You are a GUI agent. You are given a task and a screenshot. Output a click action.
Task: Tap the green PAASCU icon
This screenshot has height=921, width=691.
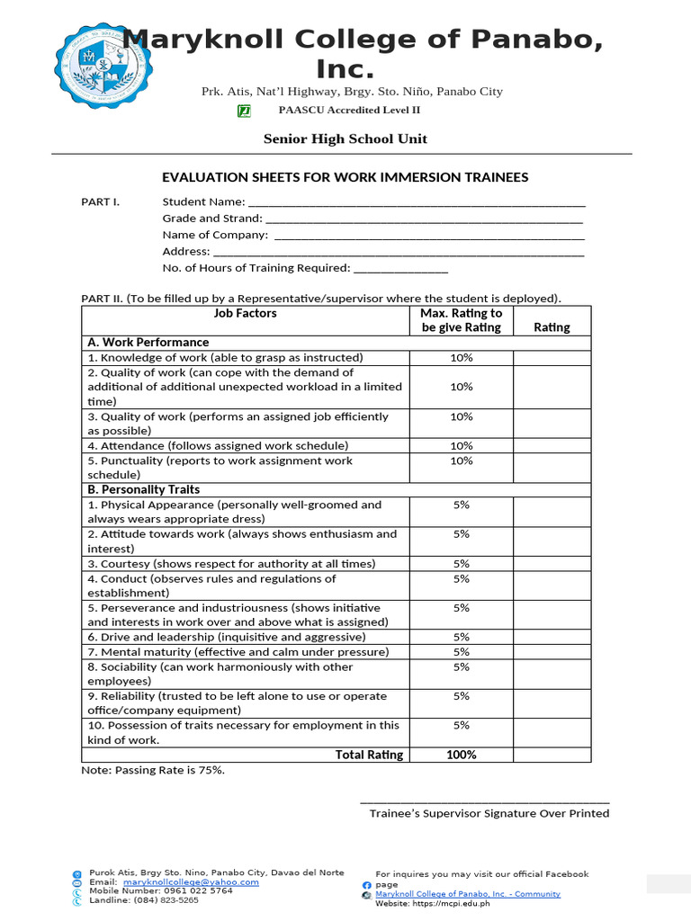244,111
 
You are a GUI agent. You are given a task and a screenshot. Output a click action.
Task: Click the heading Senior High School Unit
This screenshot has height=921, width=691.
345,139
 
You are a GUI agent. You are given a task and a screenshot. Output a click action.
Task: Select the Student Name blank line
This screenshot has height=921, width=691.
416,203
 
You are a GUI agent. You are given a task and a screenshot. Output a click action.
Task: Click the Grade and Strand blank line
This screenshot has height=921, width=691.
425,219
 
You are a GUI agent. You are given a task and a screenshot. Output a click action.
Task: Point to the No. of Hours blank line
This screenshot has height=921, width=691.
400,269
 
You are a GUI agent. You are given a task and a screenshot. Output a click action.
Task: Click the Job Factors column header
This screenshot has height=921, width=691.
245,314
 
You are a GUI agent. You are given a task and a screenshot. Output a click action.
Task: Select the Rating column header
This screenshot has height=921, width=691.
552,327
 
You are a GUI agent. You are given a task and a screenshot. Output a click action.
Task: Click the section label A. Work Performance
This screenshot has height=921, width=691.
148,343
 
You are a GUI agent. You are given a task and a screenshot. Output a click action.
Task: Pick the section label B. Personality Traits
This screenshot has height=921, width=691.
144,490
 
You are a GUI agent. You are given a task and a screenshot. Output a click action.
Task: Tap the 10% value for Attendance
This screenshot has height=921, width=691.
462,446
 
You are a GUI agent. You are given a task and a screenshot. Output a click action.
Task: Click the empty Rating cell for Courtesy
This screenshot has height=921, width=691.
552,564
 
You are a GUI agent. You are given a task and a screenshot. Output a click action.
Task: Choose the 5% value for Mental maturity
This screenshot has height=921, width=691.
462,652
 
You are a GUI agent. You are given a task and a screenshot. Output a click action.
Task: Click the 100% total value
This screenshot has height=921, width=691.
462,756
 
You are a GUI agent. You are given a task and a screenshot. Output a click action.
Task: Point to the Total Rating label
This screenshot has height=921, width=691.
369,756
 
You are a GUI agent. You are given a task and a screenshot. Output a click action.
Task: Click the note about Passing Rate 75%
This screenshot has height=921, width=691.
153,771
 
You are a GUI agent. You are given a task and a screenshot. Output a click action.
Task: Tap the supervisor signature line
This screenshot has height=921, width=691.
484,801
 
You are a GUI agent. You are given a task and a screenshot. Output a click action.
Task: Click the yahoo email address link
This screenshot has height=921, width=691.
191,882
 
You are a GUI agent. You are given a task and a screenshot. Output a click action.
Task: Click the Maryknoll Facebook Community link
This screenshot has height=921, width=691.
468,894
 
